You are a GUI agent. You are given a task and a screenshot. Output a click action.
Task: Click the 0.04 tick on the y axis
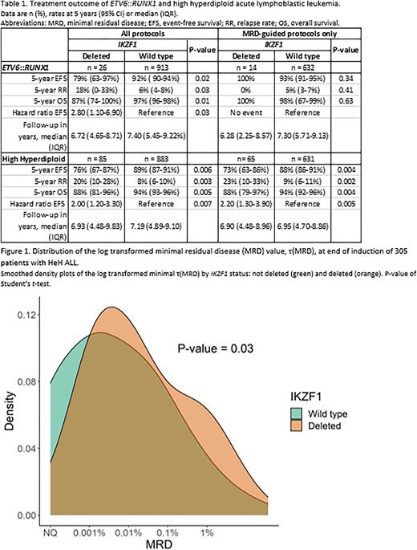[x=32, y=449]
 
